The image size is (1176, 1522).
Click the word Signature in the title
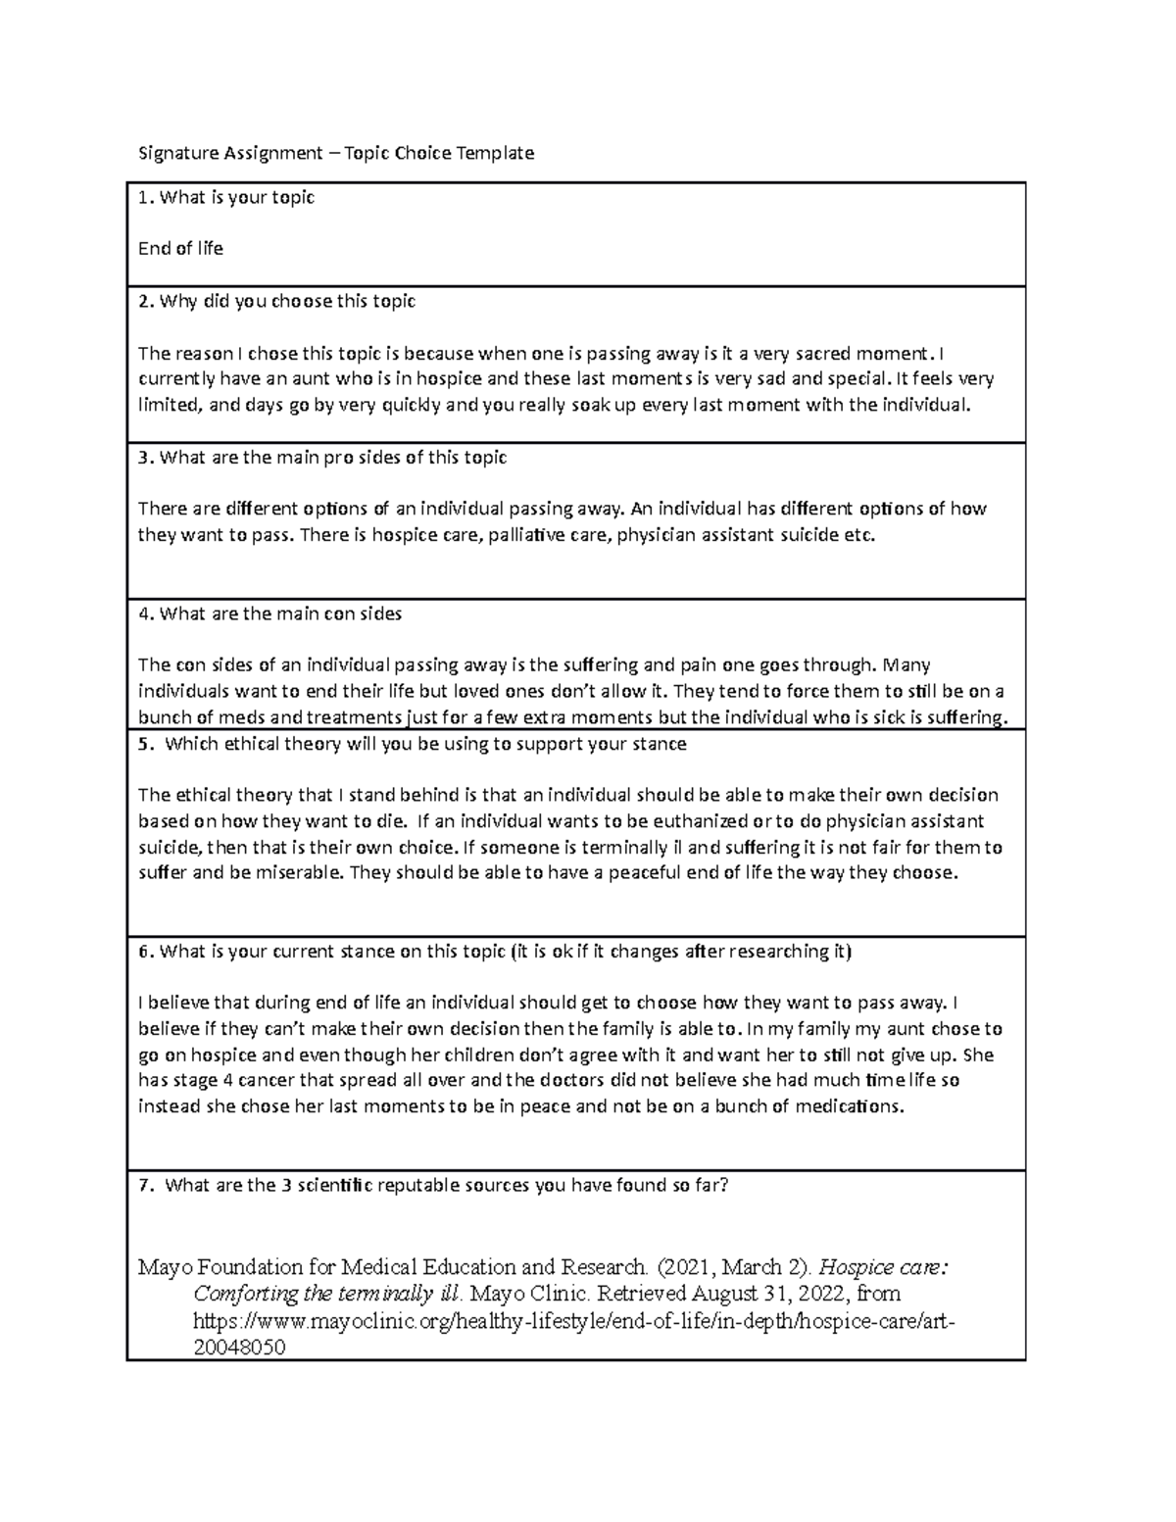[x=176, y=153]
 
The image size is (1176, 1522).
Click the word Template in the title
[x=494, y=153]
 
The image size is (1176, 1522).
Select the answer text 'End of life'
[x=180, y=249]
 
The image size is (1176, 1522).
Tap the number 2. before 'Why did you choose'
[x=145, y=302]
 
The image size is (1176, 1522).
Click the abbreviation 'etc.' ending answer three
[x=857, y=535]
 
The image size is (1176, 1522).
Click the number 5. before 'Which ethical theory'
[x=145, y=744]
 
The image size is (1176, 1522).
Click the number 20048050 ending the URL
[x=239, y=1348]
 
